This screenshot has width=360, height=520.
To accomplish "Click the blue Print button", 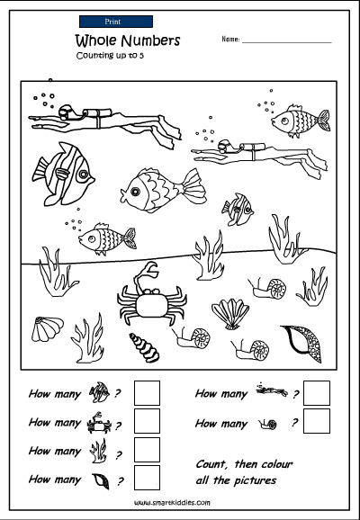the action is (x=116, y=22).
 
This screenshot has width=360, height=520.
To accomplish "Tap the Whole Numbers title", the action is (x=128, y=40).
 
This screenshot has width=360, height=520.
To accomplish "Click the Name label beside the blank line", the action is (x=230, y=39).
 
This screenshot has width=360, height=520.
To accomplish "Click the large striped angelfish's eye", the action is (x=83, y=174).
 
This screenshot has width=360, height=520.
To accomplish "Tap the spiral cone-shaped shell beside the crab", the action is (x=144, y=347).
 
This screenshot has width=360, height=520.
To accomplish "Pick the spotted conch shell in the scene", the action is (x=303, y=344).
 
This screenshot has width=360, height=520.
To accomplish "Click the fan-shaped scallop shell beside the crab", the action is (x=230, y=314).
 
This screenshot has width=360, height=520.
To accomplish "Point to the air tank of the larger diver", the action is (x=97, y=112).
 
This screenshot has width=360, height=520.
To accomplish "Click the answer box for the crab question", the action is (x=147, y=421).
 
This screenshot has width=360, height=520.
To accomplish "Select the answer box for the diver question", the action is (x=317, y=393).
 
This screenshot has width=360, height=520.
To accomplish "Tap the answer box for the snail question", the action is (x=317, y=421).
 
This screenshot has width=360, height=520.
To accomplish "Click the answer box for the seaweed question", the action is (x=147, y=449).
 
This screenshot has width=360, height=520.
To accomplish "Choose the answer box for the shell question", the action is (x=147, y=478).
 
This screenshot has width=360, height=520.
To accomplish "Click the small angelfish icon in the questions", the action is (x=99, y=392).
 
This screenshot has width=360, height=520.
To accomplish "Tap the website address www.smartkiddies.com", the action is (x=172, y=503).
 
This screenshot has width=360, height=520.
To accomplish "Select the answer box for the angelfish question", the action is (x=147, y=393).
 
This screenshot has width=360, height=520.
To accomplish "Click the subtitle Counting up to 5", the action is (x=110, y=56).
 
